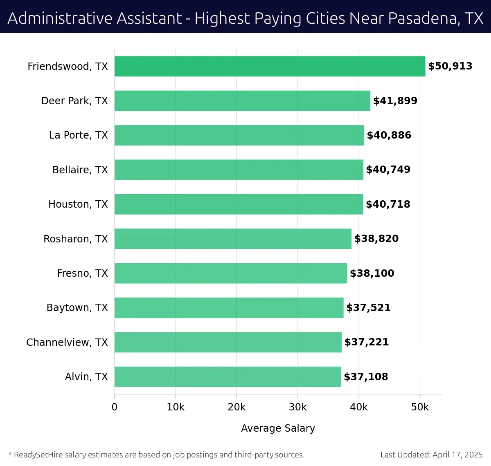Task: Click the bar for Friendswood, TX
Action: click(270, 66)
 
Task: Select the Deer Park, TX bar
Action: click(242, 101)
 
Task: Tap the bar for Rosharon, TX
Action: click(233, 239)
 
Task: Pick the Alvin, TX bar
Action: click(227, 376)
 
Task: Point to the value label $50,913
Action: click(450, 66)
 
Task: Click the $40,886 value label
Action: click(389, 135)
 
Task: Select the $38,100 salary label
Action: click(372, 273)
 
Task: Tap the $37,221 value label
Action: click(367, 342)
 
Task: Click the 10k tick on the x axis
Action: click(176, 407)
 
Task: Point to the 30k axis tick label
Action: click(297, 407)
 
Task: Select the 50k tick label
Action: click(420, 407)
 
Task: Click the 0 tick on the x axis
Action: click(115, 407)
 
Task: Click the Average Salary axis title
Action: click(278, 428)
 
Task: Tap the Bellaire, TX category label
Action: click(80, 170)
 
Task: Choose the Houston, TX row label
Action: click(78, 204)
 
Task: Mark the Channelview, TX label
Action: click(67, 342)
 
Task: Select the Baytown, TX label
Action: click(77, 307)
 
